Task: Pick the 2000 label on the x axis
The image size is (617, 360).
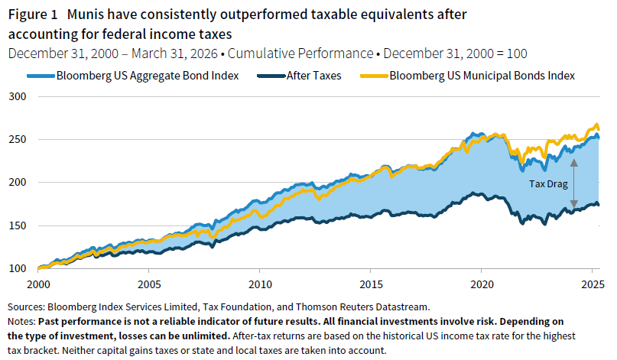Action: click(38, 284)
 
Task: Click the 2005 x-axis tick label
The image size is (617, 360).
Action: click(148, 284)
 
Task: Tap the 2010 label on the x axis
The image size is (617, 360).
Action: click(260, 284)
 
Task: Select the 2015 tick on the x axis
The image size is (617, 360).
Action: click(371, 284)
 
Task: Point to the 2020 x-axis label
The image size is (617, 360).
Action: click(482, 284)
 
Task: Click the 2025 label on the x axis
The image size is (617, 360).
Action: click(592, 284)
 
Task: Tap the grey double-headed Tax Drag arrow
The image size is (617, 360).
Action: click(573, 183)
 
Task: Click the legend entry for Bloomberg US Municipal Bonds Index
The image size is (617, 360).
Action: click(482, 76)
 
